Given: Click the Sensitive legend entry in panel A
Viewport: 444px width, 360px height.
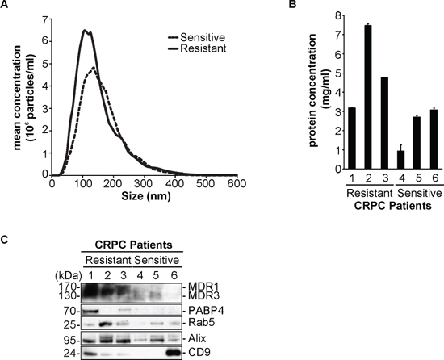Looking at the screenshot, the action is (x=197, y=37).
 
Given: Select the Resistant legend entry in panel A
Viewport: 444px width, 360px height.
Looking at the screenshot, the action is (x=197, y=48).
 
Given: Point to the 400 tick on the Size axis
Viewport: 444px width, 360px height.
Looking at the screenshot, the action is (x=175, y=184).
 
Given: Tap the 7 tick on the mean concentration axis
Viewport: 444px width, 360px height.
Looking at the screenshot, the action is (x=45, y=20).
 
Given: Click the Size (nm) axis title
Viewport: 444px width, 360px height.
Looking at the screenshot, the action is (x=146, y=196).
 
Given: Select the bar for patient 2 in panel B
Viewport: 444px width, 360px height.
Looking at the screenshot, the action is (x=368, y=97).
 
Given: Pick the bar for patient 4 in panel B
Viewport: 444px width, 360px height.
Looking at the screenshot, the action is (x=400, y=160).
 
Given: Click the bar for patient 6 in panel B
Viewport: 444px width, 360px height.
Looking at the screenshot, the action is (x=434, y=140).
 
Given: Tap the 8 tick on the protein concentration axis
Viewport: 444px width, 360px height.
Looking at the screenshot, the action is (x=338, y=15).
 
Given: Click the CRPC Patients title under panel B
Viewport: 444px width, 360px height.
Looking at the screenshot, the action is (x=393, y=206).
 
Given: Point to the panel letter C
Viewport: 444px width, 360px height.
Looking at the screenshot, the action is (x=4, y=240).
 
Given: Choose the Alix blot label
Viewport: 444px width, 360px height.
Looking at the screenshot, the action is (x=197, y=338).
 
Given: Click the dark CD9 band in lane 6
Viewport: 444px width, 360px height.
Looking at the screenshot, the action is (x=173, y=353).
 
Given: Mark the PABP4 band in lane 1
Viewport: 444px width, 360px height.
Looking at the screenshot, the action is (x=90, y=312).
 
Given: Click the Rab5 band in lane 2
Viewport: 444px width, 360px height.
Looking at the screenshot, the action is (x=107, y=324).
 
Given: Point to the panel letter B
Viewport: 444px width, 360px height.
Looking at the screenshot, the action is (x=292, y=4).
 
